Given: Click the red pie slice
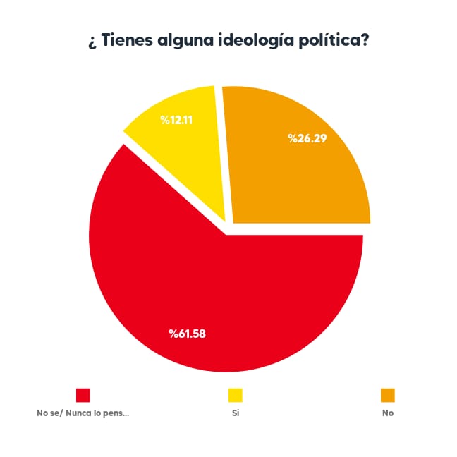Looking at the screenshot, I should (212, 296).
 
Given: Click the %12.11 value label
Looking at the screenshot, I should (177, 120).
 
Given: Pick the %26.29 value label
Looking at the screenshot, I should (306, 138).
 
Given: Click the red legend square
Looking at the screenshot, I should (83, 395).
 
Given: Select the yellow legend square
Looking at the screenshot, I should (235, 395).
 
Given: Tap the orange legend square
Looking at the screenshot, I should (387, 395).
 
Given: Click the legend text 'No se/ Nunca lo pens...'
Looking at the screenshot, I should (83, 413).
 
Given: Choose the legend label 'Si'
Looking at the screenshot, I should (235, 413).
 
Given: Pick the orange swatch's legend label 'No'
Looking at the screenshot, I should (387, 413).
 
